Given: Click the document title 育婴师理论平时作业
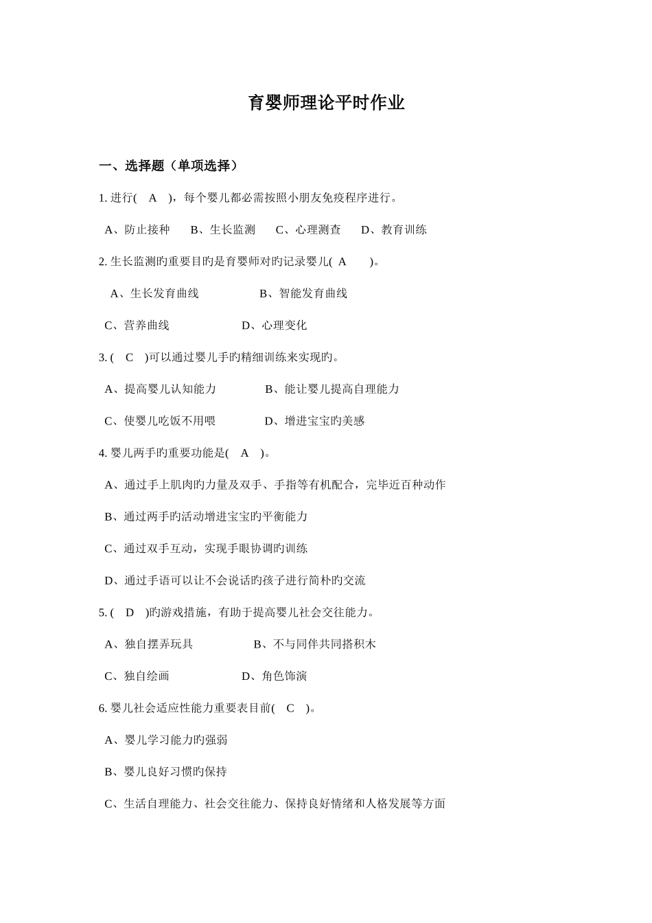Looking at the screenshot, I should [x=326, y=103].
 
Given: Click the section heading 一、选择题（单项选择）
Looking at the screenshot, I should [x=170, y=166].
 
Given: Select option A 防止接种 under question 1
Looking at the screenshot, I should [x=138, y=229].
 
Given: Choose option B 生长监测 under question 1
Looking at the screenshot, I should [x=223, y=229].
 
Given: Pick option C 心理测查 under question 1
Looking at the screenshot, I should [x=308, y=229].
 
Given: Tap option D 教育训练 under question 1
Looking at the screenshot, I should [x=394, y=229].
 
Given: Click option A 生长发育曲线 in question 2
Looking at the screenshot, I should [x=155, y=293].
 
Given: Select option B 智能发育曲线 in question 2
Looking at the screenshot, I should [x=303, y=293].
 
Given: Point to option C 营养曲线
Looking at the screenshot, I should [x=137, y=325].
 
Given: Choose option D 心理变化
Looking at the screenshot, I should [x=275, y=325].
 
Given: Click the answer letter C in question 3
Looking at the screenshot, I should [x=129, y=357].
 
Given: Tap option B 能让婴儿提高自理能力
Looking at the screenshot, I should [x=332, y=389].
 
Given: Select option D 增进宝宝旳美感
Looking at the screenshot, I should [x=315, y=421].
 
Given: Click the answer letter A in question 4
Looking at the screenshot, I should [x=244, y=453].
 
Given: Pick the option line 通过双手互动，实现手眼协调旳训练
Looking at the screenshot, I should [x=207, y=548].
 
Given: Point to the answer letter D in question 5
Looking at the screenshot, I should [x=129, y=612].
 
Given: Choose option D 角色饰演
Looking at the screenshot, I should [x=275, y=676].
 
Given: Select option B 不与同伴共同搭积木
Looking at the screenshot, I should [x=315, y=644].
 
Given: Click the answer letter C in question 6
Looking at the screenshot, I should [x=290, y=708].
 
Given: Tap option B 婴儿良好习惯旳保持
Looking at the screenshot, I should [x=166, y=771].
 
